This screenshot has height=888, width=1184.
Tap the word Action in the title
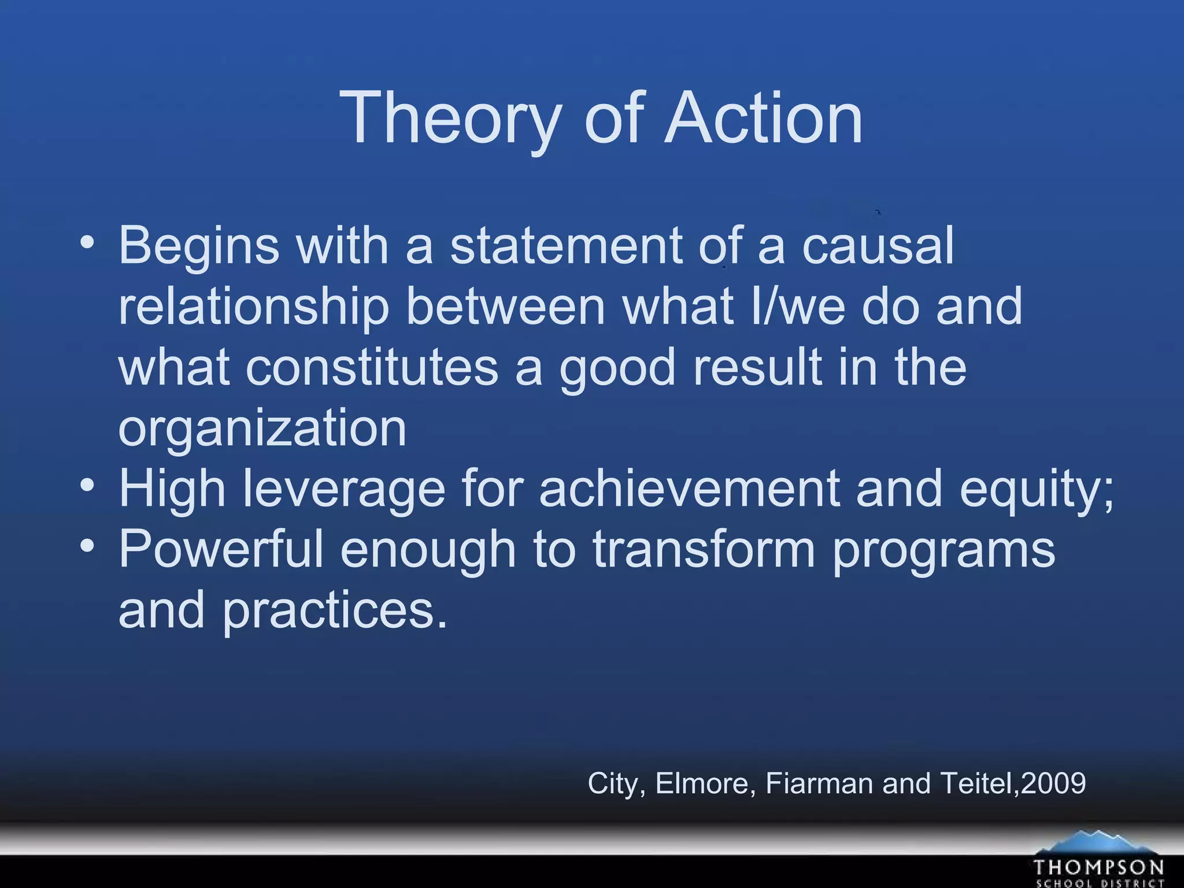tap(764, 119)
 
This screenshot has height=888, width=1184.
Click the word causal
tap(878, 246)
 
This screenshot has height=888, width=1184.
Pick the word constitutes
tap(372, 368)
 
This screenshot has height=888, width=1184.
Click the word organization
tap(262, 429)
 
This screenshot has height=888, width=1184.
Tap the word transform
tap(704, 549)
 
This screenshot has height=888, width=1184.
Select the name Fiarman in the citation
tap(820, 784)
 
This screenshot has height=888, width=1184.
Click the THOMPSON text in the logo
tap(1098, 868)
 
